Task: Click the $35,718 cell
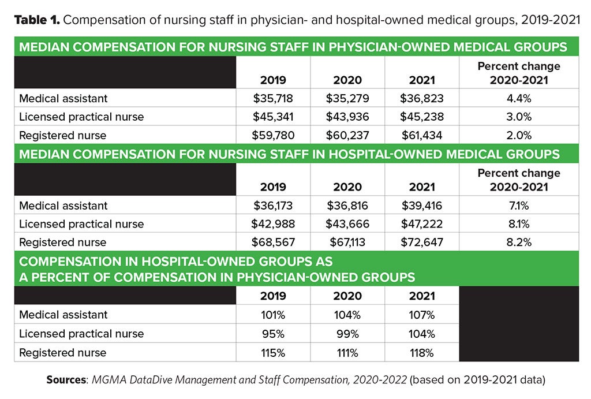(x=273, y=98)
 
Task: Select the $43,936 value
(x=346, y=117)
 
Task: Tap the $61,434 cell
(x=421, y=135)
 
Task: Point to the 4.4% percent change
(x=518, y=98)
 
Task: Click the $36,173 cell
(x=273, y=206)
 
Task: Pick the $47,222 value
(x=421, y=224)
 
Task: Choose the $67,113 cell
(x=346, y=243)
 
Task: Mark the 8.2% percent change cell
(x=518, y=243)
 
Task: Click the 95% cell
(x=273, y=334)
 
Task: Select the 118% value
(x=421, y=352)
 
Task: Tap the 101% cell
(x=273, y=315)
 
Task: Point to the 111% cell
(x=346, y=352)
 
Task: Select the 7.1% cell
(x=518, y=206)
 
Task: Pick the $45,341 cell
(x=273, y=117)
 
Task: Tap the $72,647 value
(x=421, y=243)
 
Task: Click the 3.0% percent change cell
(x=518, y=117)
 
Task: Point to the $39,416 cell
(x=421, y=206)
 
